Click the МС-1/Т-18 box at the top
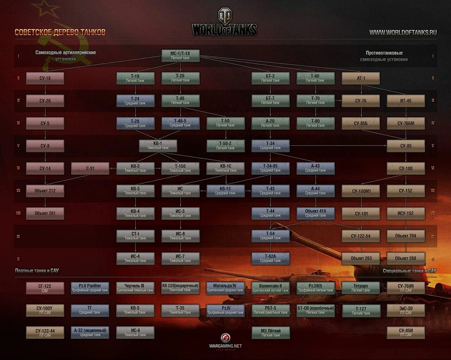point(180,55)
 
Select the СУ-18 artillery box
point(45,78)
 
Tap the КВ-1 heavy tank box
point(158,145)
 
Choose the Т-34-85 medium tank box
point(270,168)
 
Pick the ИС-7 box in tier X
point(180,258)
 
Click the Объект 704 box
point(406,236)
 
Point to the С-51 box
point(90,168)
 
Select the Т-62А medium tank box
point(270,258)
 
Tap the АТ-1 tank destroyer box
point(361,78)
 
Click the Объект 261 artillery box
point(45,213)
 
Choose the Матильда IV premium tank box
point(225,288)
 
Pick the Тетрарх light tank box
point(361,288)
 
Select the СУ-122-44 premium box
point(45,333)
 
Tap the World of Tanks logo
point(224,23)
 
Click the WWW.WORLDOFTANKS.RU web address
point(403,32)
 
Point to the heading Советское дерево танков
point(60,32)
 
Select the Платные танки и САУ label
point(37,271)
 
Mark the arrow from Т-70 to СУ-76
point(338,100)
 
